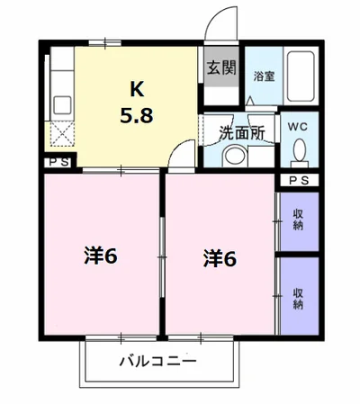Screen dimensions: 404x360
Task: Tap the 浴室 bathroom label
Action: click(264, 76)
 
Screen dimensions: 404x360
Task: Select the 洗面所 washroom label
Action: click(241, 132)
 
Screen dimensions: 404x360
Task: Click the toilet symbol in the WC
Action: click(298, 153)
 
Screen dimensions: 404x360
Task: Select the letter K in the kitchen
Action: click(136, 89)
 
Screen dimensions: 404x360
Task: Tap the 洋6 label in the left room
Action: click(101, 256)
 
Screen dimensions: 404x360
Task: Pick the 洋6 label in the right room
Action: click(220, 258)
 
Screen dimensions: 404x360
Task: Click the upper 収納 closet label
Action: click(298, 219)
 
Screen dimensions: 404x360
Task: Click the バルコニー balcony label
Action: click(157, 364)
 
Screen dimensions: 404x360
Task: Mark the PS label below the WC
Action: click(299, 181)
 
